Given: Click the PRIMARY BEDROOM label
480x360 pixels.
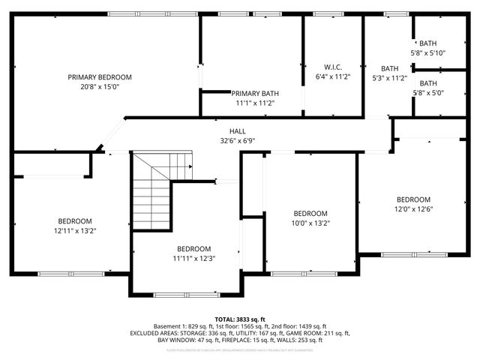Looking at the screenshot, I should coord(100,77).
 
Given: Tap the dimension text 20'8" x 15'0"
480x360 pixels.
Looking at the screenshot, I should coord(100,87).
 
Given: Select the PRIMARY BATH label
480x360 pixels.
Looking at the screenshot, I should coord(255,93).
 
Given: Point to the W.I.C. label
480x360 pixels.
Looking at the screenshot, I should coord(333,67).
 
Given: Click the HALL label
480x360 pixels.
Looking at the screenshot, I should coord(238,130).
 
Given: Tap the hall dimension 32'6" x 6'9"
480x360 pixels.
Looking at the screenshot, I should coord(238,140).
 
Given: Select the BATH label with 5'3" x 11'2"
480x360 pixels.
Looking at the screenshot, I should coord(389,68).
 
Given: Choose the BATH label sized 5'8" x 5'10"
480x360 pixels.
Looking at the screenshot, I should coord(427,43).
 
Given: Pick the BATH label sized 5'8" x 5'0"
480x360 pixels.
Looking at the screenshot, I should coord(427,83).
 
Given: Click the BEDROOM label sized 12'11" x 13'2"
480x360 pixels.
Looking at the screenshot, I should coord(75,221).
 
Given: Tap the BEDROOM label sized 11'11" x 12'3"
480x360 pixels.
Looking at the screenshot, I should coord(193,249).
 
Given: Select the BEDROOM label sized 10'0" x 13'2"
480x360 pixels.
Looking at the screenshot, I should coord(310,213).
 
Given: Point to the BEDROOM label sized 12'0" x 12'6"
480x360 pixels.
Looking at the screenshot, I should coord(413,199).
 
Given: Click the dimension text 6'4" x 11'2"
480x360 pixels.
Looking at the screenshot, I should coord(333,76).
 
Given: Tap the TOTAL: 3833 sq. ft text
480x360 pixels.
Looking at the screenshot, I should coord(240,319).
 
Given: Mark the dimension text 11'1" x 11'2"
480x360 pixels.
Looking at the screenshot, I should coord(255,103).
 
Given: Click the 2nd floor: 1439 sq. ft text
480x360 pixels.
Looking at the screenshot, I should coord(293,326).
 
